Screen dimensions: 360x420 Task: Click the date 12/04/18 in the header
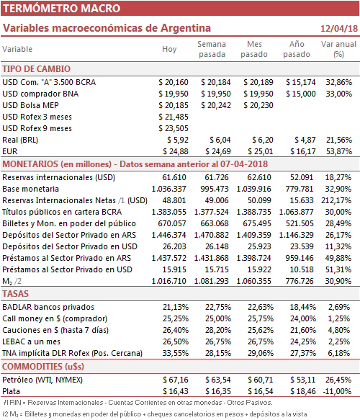tap(339, 28)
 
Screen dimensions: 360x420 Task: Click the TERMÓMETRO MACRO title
tap(62, 9)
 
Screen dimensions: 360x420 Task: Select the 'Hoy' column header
tap(169, 49)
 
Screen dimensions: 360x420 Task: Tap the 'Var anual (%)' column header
tap(338, 49)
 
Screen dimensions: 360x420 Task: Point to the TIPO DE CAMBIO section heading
tap(37, 69)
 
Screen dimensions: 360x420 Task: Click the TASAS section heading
tap(15, 294)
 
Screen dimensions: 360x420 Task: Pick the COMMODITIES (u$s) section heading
tap(43, 366)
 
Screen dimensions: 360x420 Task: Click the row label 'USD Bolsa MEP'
tap(30, 105)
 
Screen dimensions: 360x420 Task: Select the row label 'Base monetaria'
tap(30, 189)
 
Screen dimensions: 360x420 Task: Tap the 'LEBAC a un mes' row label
tap(31, 341)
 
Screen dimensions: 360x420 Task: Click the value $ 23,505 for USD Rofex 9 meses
tap(174, 128)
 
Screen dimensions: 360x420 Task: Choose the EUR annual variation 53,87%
tap(339, 151)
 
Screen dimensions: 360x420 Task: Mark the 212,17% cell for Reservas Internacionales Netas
tap(336, 200)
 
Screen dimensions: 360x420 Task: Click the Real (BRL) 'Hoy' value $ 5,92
tap(178, 140)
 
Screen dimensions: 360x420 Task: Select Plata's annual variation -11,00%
tap(337, 391)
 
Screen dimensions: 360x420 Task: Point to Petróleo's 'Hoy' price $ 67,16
tap(176, 380)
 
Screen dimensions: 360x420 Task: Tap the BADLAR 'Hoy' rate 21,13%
tap(176, 307)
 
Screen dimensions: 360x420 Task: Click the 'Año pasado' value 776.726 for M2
tap(300, 281)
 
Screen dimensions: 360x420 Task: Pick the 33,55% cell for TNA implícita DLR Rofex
tap(176, 353)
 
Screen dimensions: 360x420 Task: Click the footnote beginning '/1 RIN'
tap(138, 403)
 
